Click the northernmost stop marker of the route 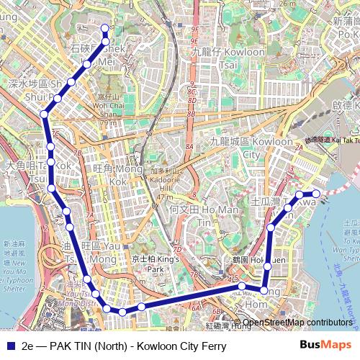click(x=104, y=28)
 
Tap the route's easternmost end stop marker click(x=316, y=194)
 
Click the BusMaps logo click(x=320, y=346)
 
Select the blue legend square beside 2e click(x=9, y=346)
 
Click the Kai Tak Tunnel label click(x=334, y=140)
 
